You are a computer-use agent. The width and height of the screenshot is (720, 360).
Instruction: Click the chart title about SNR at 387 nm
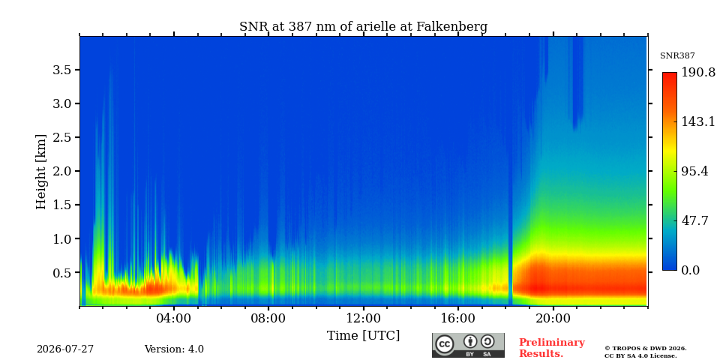[363, 27]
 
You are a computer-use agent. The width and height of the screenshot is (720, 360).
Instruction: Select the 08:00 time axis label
[269, 318]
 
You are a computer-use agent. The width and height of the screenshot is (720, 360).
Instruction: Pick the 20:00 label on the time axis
[553, 318]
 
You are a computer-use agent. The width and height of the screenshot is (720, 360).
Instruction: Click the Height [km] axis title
[41, 172]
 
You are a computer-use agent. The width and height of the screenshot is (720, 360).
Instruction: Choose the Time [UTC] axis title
[363, 336]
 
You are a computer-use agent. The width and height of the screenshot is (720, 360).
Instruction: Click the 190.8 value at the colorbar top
[698, 73]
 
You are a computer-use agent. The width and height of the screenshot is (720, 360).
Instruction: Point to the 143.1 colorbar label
[698, 121]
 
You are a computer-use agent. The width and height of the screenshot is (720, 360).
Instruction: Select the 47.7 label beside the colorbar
[694, 220]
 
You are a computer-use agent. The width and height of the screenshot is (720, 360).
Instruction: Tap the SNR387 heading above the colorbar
[677, 56]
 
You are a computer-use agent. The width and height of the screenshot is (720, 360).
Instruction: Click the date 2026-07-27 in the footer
[65, 349]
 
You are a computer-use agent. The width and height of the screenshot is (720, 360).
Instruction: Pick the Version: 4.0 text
[174, 349]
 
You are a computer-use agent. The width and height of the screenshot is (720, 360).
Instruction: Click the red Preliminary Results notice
[552, 348]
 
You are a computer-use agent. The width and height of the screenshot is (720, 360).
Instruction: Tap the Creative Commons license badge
[468, 345]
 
